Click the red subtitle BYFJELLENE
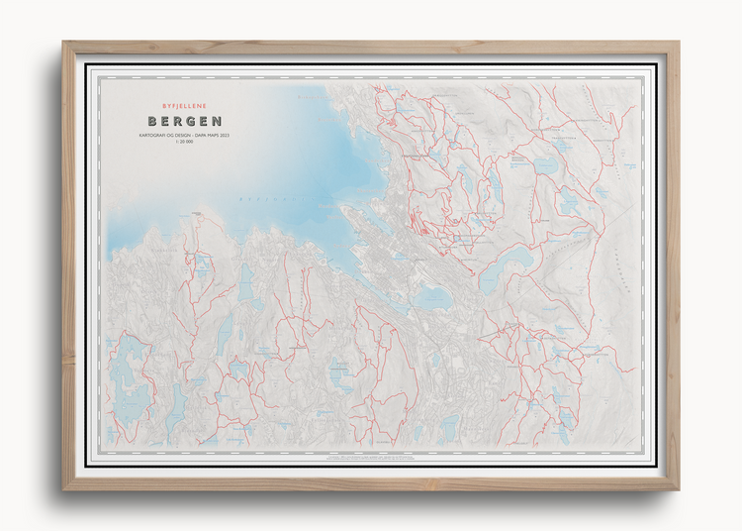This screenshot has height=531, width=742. point(185,103)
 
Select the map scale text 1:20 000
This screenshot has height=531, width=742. point(185,143)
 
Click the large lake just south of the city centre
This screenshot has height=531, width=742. point(432,296)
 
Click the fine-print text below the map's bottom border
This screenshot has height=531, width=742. point(371,460)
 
